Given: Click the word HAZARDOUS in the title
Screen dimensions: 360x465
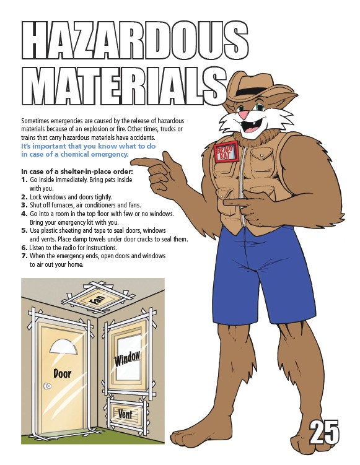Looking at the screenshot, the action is coord(135,40).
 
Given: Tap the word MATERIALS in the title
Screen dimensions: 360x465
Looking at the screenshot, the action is coord(124,85).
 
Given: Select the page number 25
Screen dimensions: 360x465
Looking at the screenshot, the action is coord(324,432).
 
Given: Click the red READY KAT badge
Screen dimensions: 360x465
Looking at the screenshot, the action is coord(226,152).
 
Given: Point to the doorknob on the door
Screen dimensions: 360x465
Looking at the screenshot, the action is coord(47,386).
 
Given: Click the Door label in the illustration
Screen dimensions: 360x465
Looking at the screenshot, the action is coord(63,373).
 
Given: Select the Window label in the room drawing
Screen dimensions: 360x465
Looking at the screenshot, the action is coord(127,359).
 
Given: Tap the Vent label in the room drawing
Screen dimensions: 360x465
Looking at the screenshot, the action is coord(125,414).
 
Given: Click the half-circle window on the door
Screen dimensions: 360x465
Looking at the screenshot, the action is coord(64,347).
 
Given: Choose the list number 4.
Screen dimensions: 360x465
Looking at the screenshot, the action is coord(24,214).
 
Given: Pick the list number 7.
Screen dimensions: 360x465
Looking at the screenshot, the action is coord(24,256).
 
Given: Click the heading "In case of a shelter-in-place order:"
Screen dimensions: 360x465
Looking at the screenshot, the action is coord(77,172).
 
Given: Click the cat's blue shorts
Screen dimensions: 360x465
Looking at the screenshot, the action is coord(263,276).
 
